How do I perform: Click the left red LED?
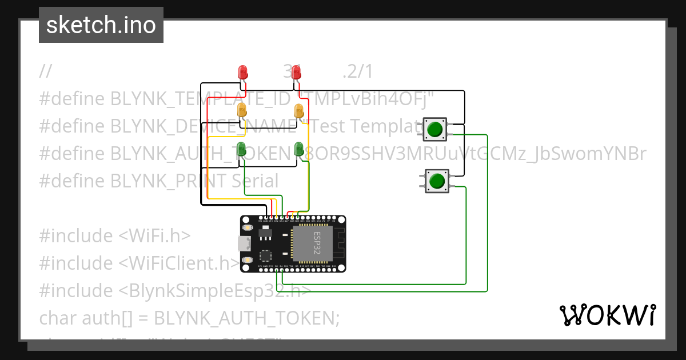point(242,73)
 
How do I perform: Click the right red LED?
point(296,73)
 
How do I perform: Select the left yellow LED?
point(242,110)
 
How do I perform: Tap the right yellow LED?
point(298,110)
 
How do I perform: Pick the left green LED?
point(242,149)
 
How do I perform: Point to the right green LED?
point(298,149)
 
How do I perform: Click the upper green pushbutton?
point(435,129)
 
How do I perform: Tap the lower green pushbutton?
point(437,181)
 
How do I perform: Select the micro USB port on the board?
point(245,244)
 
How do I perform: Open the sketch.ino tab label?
point(101,25)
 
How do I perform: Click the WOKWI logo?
point(608,315)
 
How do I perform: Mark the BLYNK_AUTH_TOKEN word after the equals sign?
point(247,318)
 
